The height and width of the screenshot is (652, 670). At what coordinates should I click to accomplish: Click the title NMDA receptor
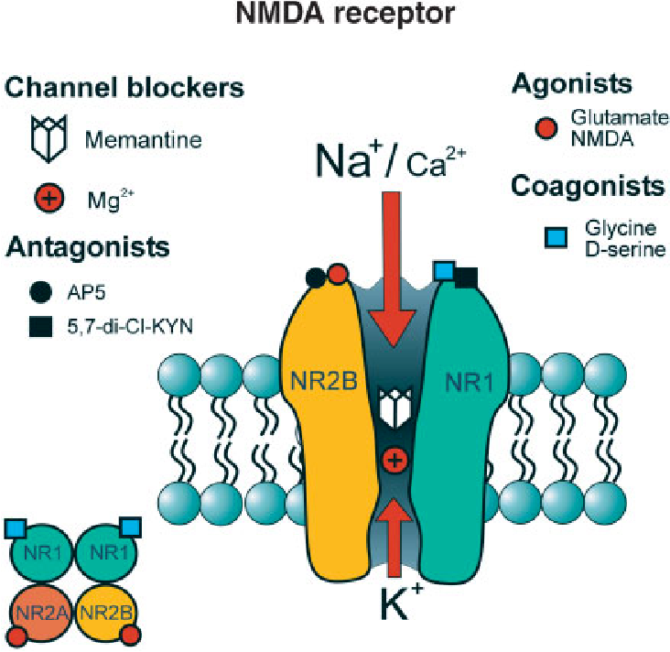pyautogui.click(x=345, y=13)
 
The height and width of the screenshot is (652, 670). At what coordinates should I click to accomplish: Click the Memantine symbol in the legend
pyautogui.click(x=49, y=138)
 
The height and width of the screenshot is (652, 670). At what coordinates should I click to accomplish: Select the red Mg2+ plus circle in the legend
pyautogui.click(x=49, y=199)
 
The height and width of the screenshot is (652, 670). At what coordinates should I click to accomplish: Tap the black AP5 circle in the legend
pyautogui.click(x=40, y=292)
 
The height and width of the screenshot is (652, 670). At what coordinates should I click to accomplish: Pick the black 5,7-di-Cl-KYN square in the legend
pyautogui.click(x=40, y=327)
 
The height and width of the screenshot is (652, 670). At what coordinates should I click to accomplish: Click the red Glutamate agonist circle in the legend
pyautogui.click(x=546, y=127)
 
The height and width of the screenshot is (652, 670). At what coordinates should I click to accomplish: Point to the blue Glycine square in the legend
pyautogui.click(x=556, y=238)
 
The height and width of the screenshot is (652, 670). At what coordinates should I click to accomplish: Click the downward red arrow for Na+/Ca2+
pyautogui.click(x=393, y=268)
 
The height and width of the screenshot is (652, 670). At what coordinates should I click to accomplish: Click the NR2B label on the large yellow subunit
pyautogui.click(x=323, y=381)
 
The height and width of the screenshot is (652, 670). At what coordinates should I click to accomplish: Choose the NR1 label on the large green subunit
pyautogui.click(x=469, y=382)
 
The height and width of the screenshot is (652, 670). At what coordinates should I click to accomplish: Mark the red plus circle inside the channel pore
pyautogui.click(x=394, y=461)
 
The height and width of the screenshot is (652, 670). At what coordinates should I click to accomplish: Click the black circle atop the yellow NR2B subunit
pyautogui.click(x=316, y=277)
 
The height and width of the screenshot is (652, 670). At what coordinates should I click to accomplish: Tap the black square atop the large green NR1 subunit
pyautogui.click(x=467, y=277)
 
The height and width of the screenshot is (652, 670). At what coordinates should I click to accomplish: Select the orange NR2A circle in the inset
pyautogui.click(x=41, y=614)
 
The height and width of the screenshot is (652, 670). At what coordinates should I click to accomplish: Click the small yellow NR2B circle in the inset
pyautogui.click(x=106, y=614)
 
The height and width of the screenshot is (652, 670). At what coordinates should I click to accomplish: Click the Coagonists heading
pyautogui.click(x=588, y=187)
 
